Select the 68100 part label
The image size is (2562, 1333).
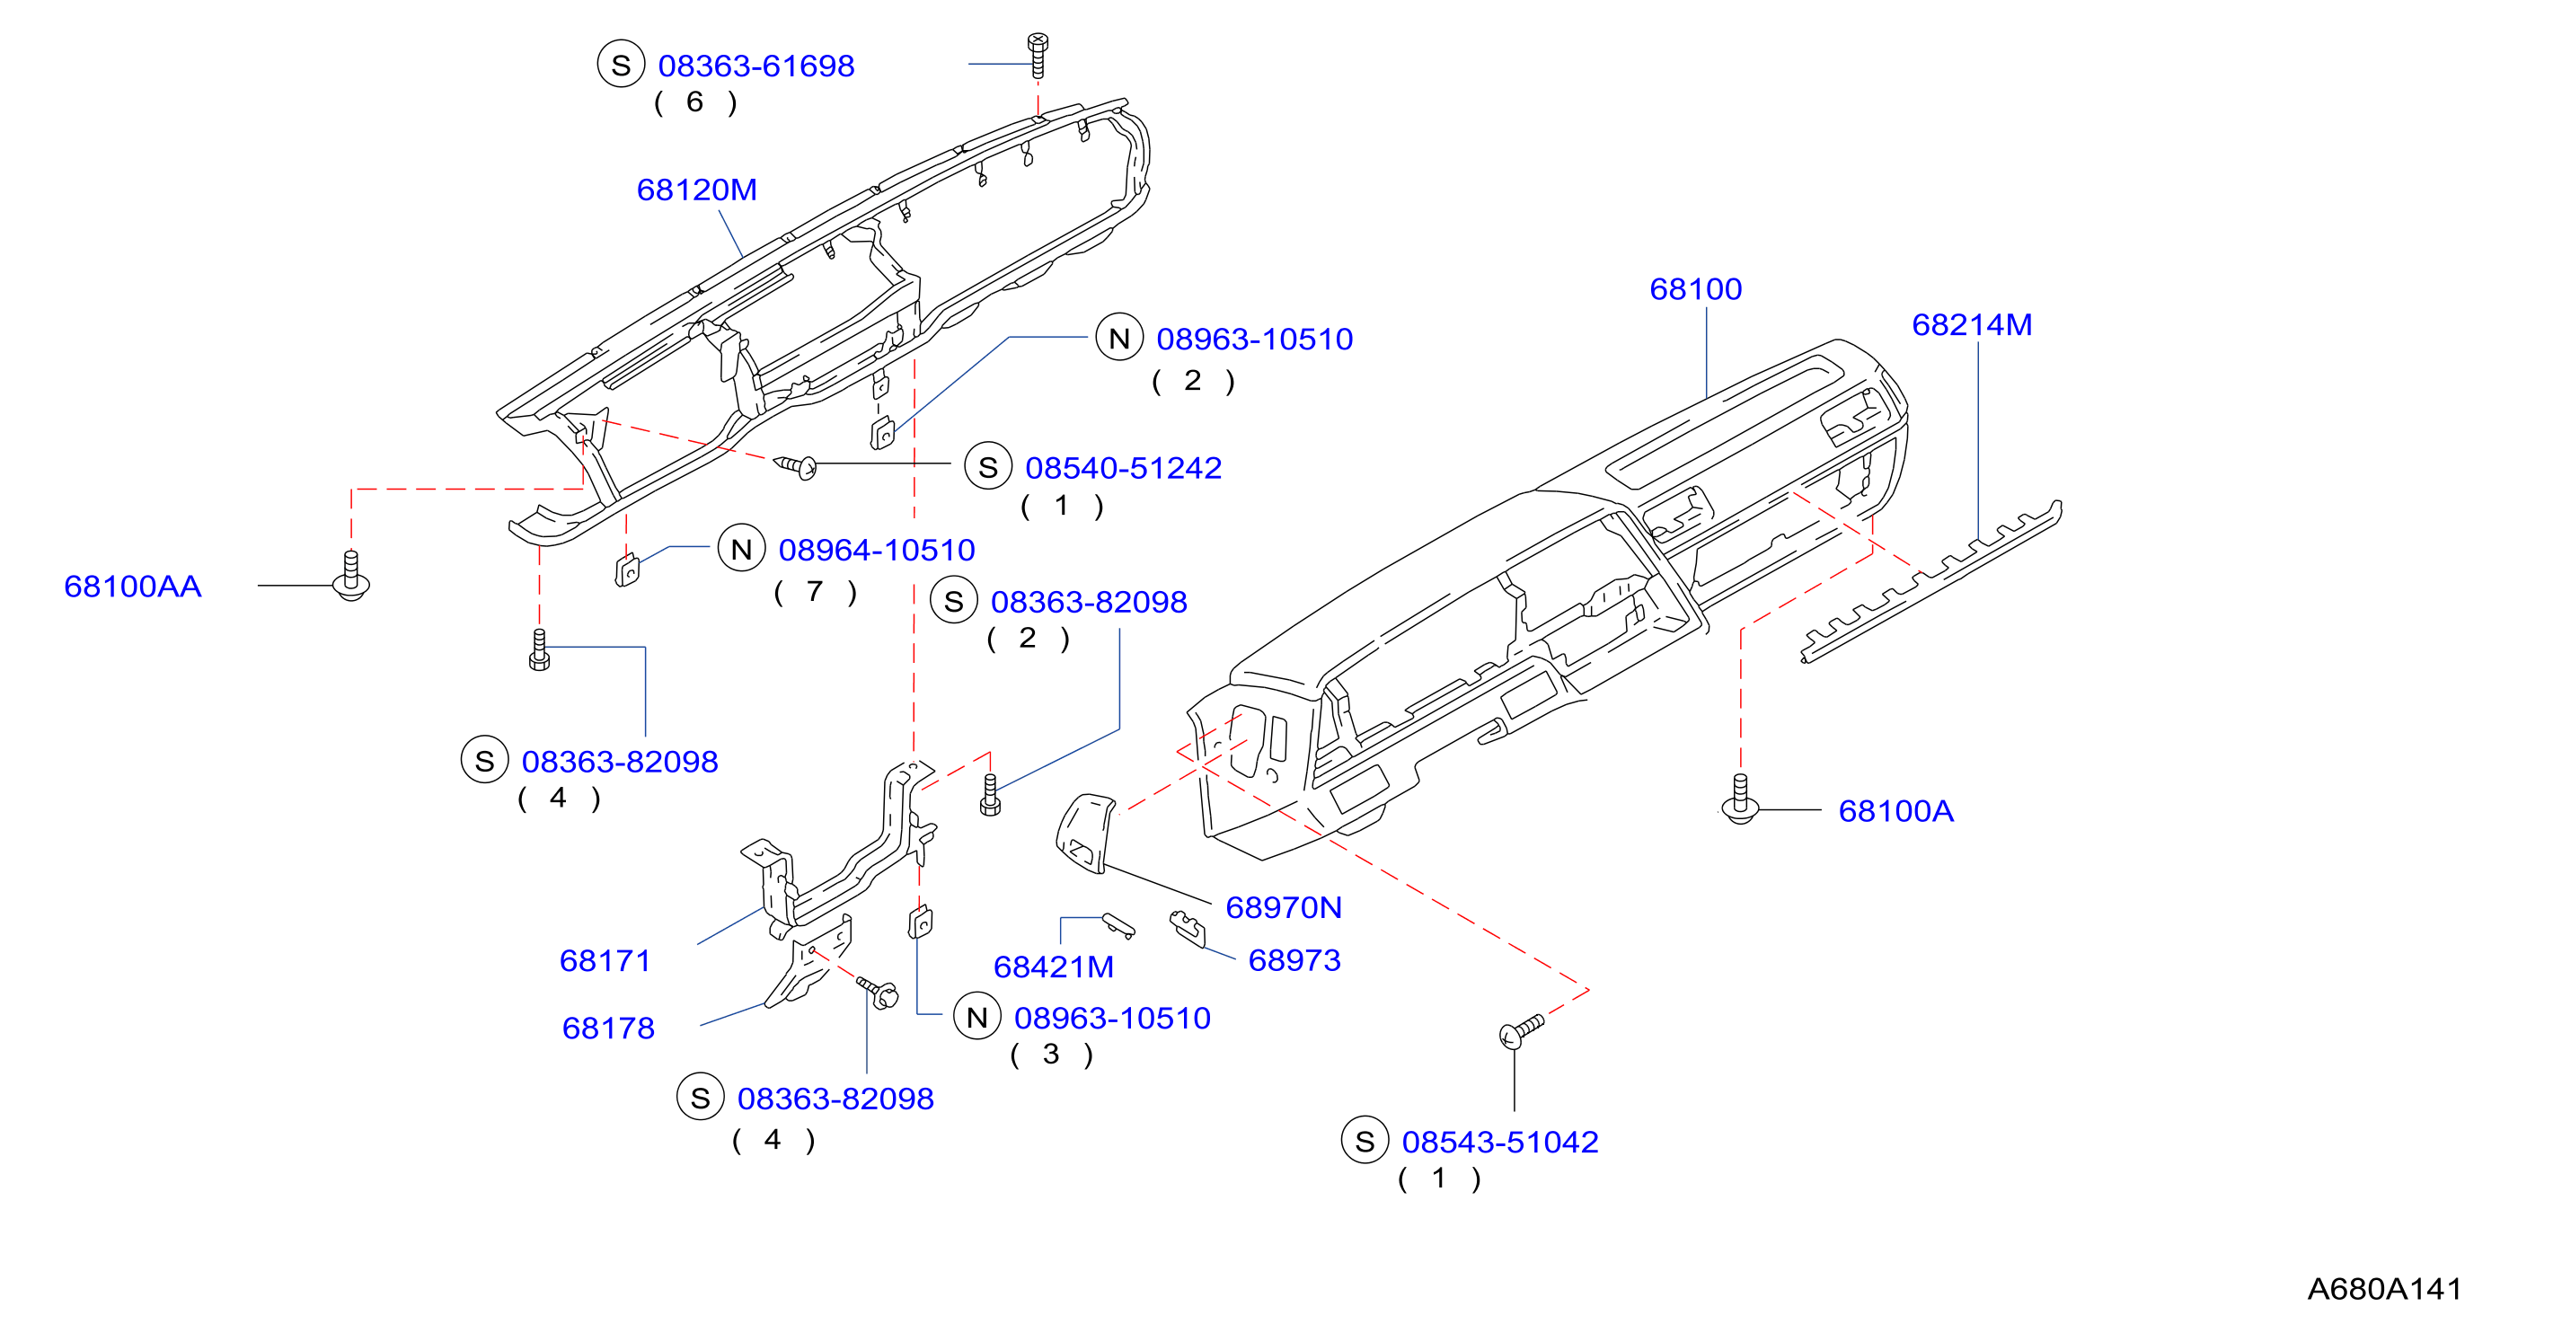click(1695, 288)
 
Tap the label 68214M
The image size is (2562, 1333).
click(1971, 324)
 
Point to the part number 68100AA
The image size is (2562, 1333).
click(132, 586)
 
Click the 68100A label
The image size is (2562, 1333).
click(1895, 811)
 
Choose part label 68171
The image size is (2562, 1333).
click(605, 960)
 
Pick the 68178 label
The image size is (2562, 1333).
click(607, 1028)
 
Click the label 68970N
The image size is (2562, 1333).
click(1283, 907)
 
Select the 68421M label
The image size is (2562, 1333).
click(1053, 966)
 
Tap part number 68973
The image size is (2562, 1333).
click(1294, 960)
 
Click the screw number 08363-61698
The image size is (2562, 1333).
click(755, 66)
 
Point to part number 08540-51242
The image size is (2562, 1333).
click(1123, 468)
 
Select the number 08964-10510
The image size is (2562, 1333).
click(876, 550)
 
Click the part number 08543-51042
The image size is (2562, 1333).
click(1500, 1142)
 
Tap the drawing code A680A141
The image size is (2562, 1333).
click(2384, 1289)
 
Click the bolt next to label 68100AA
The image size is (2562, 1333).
click(351, 576)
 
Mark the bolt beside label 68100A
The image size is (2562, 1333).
click(1739, 799)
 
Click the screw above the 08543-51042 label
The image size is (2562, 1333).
click(1521, 1030)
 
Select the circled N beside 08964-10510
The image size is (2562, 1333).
click(741, 549)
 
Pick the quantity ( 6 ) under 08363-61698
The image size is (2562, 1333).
click(695, 102)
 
